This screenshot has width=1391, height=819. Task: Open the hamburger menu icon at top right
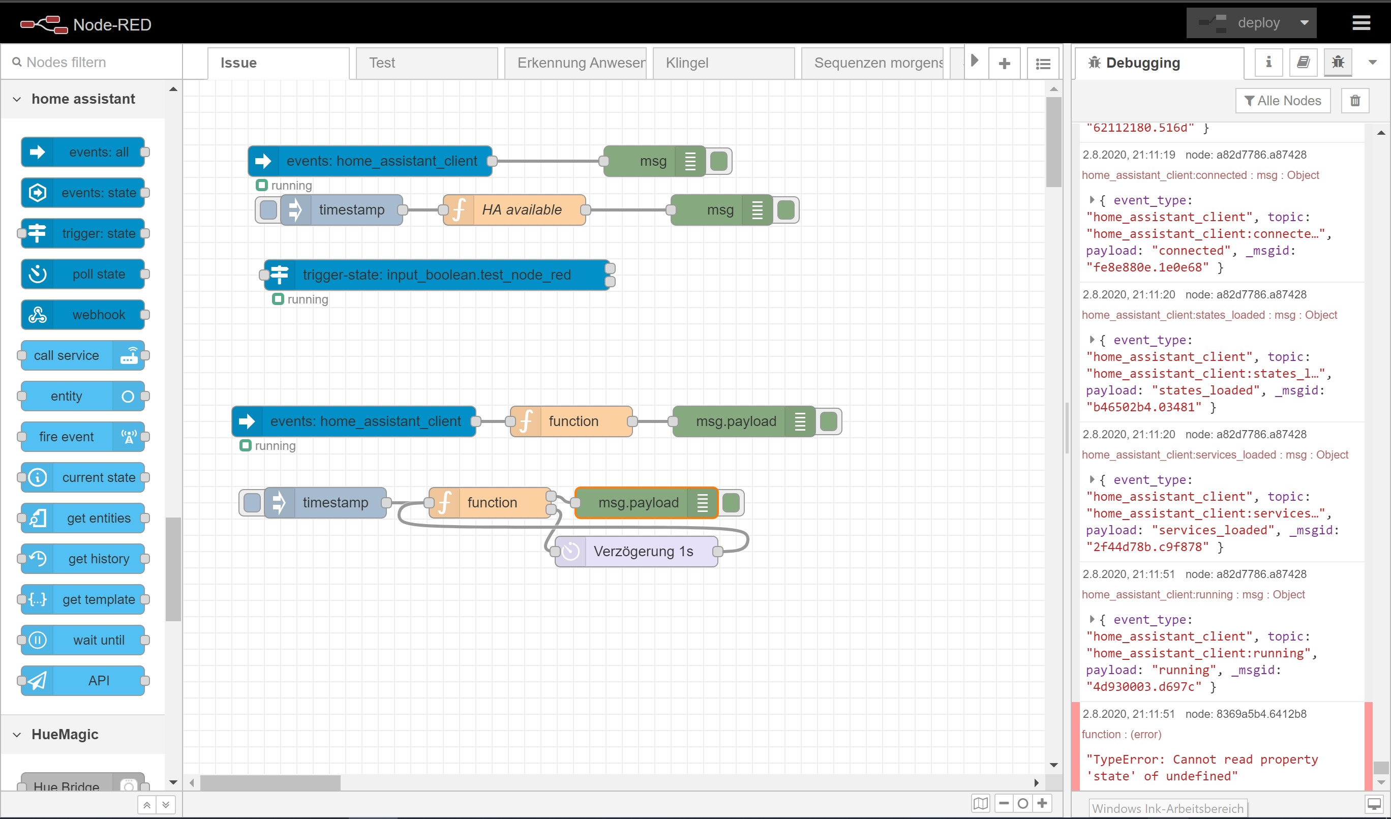pos(1360,23)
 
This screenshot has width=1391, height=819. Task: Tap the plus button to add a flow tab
pos(1004,63)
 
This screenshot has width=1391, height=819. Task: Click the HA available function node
pos(521,210)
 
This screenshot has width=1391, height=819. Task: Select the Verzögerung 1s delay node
pos(642,551)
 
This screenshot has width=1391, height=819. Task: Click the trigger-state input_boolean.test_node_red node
pos(436,275)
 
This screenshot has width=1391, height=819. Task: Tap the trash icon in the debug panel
pos(1354,101)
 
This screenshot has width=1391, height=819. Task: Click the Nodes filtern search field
pos(94,63)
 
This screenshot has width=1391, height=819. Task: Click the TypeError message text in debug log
pos(1201,767)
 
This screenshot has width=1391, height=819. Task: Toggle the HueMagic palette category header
pos(65,734)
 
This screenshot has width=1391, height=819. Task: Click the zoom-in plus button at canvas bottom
pos(1042,803)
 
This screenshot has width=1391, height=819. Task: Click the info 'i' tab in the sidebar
pos(1268,63)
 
